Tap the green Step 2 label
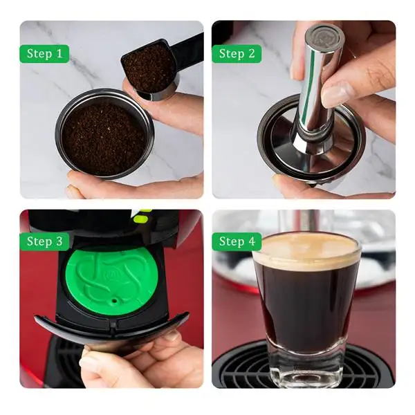pyautogui.click(x=237, y=53)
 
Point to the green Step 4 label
pyautogui.click(x=237, y=241)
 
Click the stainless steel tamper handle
pyautogui.click(x=317, y=76)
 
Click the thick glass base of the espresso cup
pyautogui.click(x=306, y=370)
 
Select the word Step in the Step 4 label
pyautogui.click(x=231, y=241)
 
